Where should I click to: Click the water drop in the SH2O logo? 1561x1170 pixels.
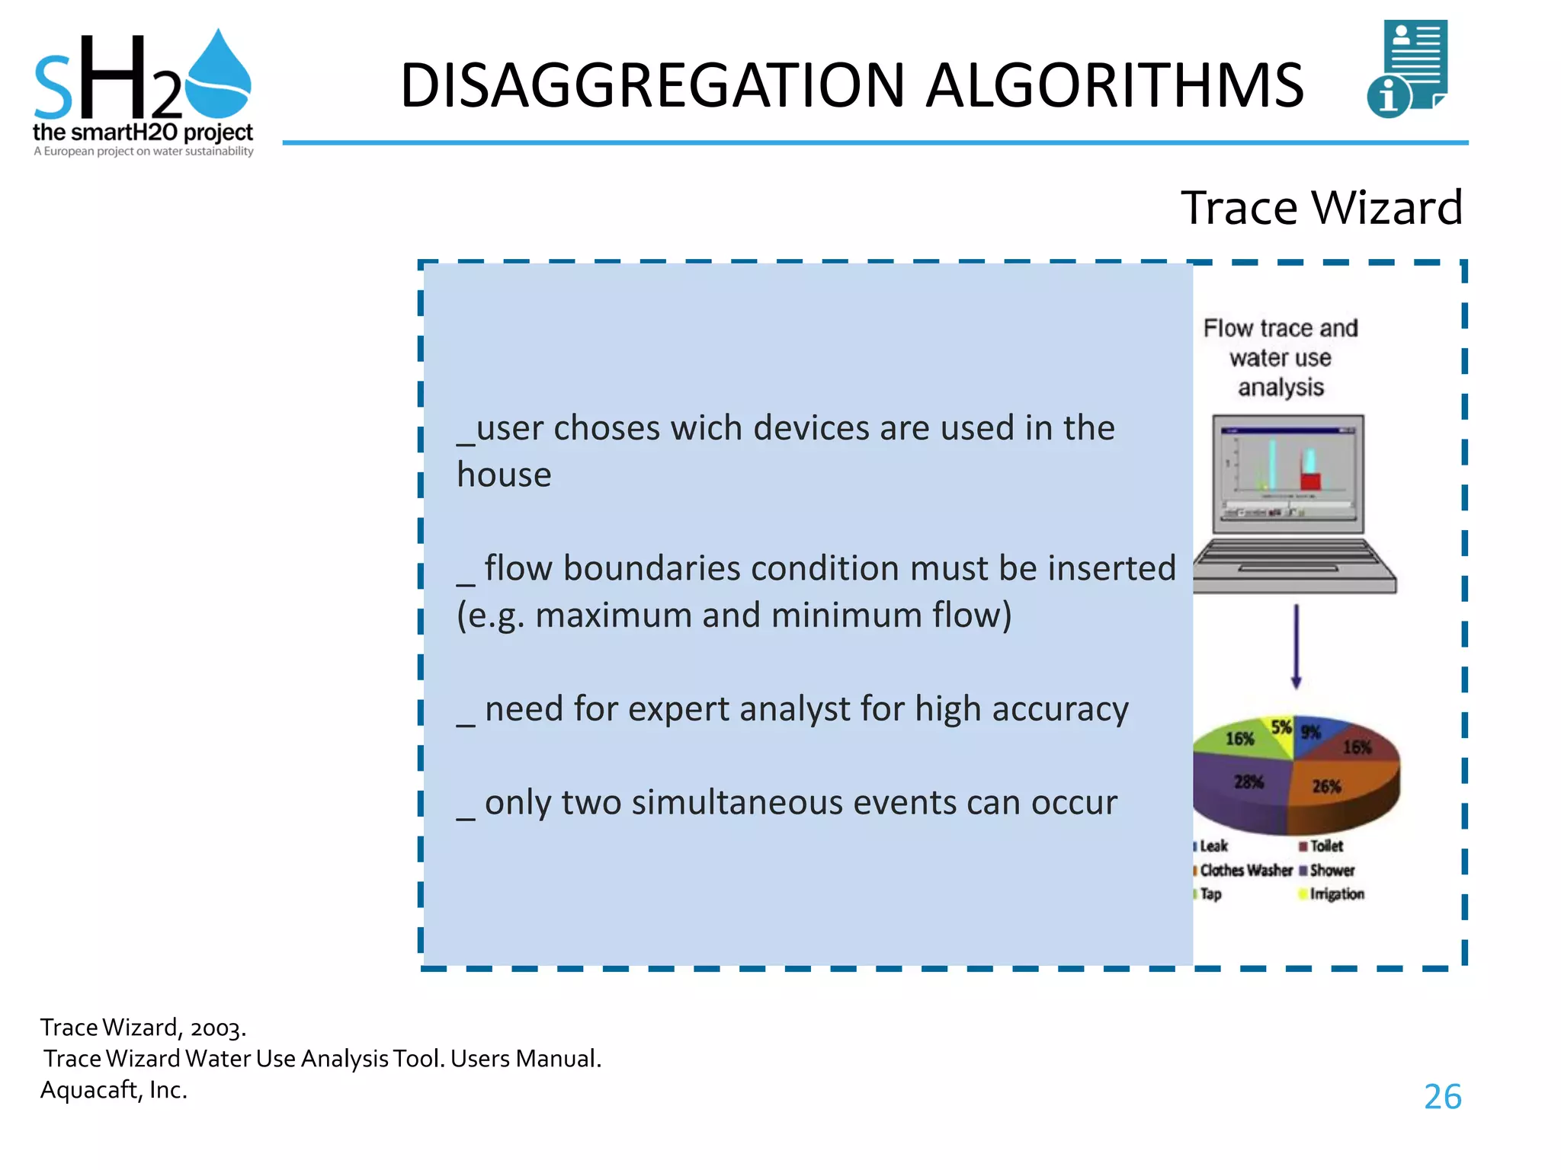(x=219, y=76)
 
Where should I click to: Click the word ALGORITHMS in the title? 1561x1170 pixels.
(x=1114, y=85)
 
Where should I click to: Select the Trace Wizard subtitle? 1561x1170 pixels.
(x=1321, y=207)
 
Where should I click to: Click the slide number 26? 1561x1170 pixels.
(x=1442, y=1097)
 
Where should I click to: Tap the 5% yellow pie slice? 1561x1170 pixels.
(x=1282, y=728)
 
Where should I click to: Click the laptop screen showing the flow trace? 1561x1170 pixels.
(x=1288, y=472)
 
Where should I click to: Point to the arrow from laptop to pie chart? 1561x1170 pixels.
(x=1296, y=647)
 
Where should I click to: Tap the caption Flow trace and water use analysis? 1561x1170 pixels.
(x=1281, y=357)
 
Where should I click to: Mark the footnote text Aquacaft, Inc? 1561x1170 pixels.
(x=114, y=1090)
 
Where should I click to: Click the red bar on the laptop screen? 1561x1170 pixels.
(x=1310, y=481)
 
